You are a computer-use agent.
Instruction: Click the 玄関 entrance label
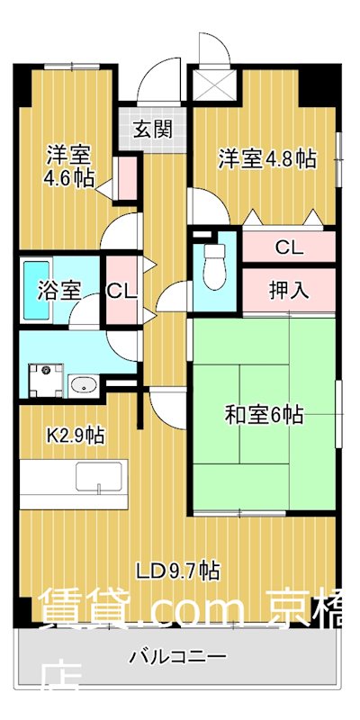[151, 128]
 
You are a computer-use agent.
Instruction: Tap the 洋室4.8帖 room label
[267, 159]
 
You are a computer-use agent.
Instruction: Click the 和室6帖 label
[264, 415]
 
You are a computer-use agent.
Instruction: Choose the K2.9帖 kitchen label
[76, 436]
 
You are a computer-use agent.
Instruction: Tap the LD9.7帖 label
[178, 569]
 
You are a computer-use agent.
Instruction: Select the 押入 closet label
[288, 290]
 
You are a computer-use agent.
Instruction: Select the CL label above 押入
[288, 246]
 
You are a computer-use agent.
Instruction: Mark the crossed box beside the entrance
[214, 85]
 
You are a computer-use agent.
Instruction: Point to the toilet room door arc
[176, 295]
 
